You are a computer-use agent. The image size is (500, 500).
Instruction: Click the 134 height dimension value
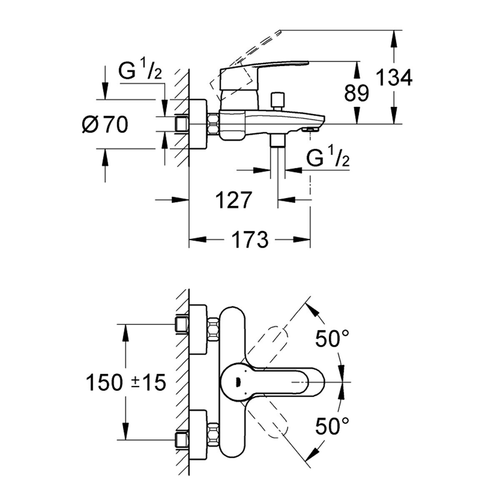[x=394, y=77]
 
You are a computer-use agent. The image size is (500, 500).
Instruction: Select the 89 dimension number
[x=356, y=93]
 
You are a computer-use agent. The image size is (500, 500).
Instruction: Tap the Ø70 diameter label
[x=105, y=125]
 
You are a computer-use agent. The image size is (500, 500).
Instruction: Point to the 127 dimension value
[x=234, y=200]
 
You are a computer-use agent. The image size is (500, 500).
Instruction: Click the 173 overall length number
[x=250, y=240]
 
